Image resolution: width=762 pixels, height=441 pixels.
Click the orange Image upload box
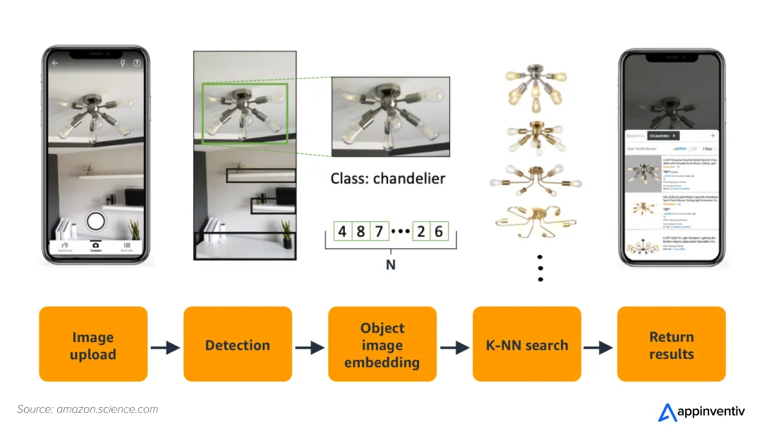[92, 345]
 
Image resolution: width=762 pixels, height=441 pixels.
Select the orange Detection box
[237, 345]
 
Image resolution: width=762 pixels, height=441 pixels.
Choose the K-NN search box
[526, 345]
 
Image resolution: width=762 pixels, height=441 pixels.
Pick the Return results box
[671, 345]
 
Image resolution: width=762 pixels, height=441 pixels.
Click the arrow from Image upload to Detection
[166, 347]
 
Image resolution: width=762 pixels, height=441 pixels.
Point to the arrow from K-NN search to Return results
[598, 347]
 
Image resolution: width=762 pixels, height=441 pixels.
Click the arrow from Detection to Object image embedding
[310, 347]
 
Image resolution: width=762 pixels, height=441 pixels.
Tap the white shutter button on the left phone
[96, 221]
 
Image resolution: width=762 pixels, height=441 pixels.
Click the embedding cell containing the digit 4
[342, 232]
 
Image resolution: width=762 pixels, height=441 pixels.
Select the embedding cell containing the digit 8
[361, 232]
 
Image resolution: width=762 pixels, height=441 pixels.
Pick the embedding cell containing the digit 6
[439, 232]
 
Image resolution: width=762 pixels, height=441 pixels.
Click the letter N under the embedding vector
[389, 266]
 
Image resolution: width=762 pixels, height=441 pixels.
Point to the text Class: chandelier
[388, 178]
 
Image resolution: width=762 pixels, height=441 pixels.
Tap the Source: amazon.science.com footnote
[87, 409]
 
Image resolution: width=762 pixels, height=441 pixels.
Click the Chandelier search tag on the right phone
[664, 135]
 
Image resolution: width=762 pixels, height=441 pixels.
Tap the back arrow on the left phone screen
[54, 63]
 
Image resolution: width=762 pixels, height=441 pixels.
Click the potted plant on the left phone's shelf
[88, 170]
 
